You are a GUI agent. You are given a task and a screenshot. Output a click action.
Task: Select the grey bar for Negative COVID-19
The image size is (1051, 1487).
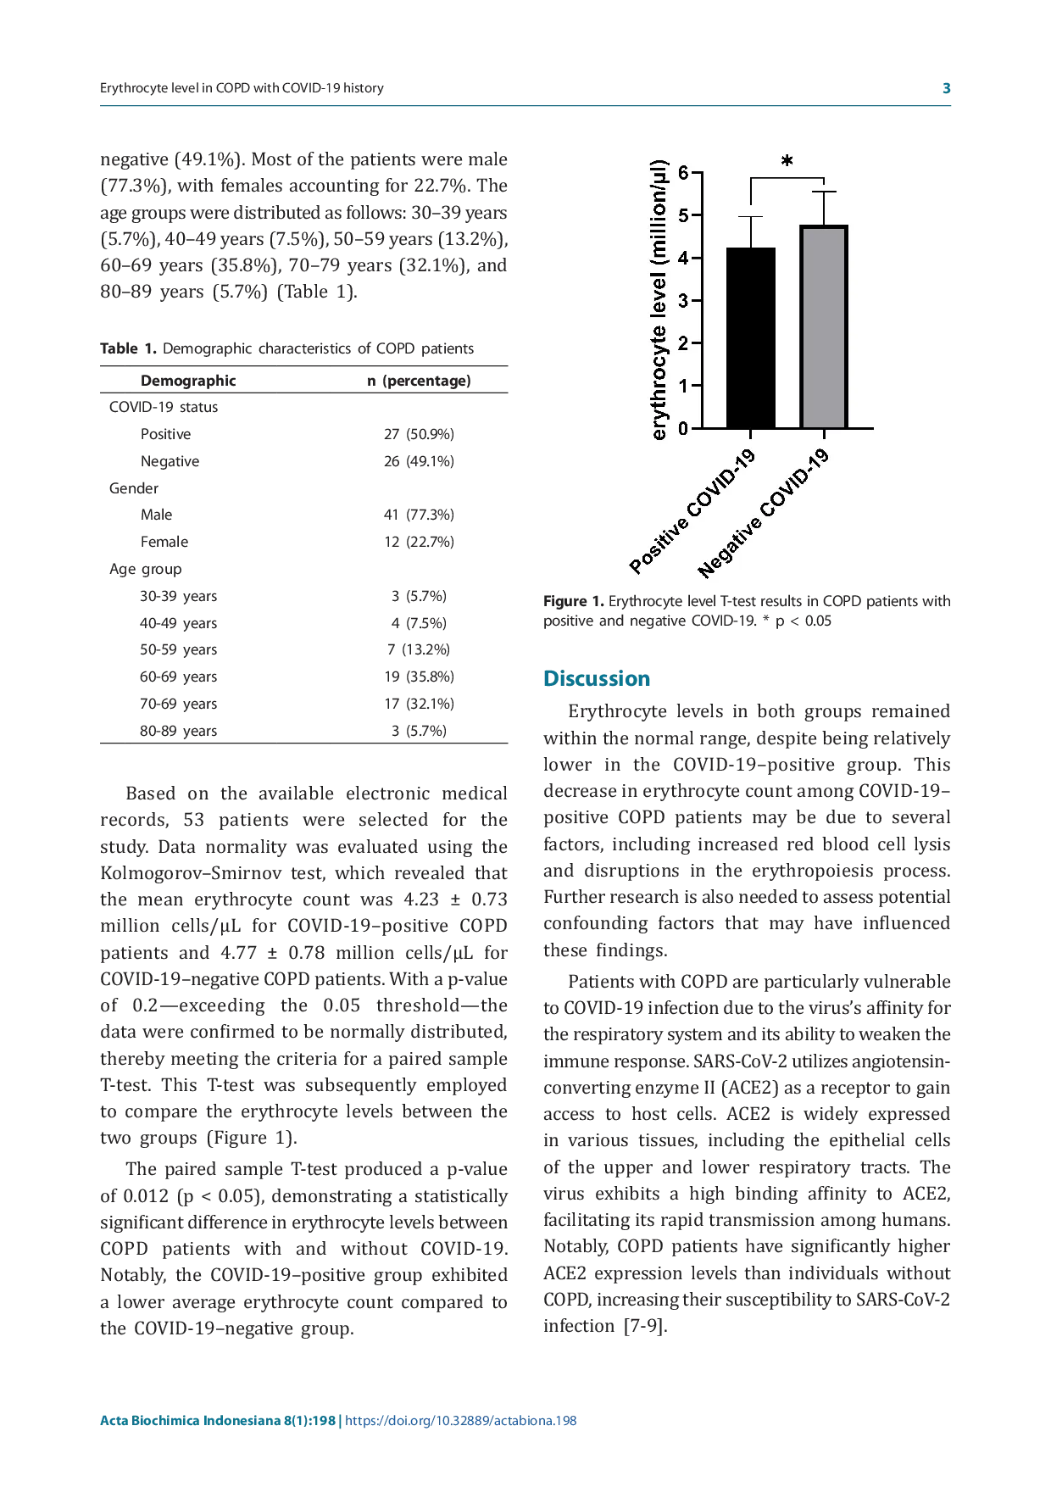tap(824, 326)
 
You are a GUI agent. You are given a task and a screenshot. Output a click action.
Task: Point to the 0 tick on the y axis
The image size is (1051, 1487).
tap(683, 428)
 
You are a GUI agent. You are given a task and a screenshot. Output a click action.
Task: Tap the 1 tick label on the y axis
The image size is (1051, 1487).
tap(683, 386)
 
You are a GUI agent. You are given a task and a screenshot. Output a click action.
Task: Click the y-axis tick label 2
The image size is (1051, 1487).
tap(683, 343)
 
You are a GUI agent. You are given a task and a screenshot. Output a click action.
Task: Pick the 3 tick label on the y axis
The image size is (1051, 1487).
tap(683, 301)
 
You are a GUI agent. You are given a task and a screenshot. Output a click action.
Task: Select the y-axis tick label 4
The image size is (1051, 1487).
tap(683, 259)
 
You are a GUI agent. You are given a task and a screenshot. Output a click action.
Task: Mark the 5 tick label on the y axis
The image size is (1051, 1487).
tap(683, 215)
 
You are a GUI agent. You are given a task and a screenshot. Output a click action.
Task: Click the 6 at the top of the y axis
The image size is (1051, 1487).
tap(683, 173)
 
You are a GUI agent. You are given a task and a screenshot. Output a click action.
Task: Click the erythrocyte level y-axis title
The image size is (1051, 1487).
tap(660, 300)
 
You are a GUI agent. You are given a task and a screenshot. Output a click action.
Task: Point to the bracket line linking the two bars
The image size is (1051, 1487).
tap(787, 177)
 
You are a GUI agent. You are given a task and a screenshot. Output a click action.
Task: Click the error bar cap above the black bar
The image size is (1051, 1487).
tap(751, 217)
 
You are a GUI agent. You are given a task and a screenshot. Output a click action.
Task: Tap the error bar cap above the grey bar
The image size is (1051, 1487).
tap(824, 192)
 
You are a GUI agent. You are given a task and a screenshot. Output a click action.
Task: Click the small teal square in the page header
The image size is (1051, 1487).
tap(949, 88)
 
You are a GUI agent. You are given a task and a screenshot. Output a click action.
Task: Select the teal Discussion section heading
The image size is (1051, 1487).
tap(596, 679)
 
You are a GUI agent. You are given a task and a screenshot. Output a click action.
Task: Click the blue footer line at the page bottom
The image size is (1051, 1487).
tap(338, 1422)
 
